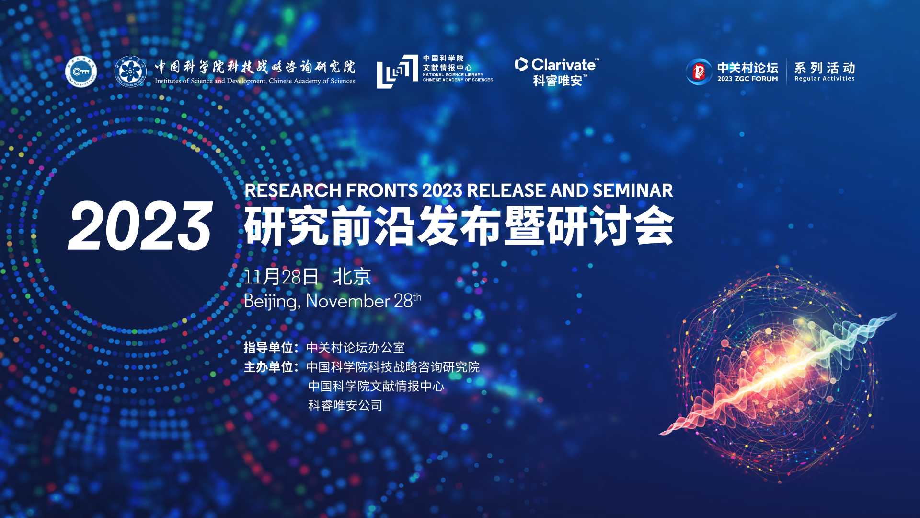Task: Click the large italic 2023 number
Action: click(140, 226)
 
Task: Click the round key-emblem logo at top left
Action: click(81, 72)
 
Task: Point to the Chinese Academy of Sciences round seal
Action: click(130, 72)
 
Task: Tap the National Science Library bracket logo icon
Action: click(397, 71)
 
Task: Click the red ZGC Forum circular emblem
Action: click(699, 72)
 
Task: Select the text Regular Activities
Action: click(824, 79)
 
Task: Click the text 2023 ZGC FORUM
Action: click(747, 79)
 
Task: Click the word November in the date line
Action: click(347, 301)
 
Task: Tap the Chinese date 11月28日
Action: click(281, 277)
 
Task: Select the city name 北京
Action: click(352, 277)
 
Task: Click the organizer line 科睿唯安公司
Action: click(345, 406)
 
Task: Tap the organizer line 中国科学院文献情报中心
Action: click(376, 387)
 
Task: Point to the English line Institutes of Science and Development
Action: click(254, 82)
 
